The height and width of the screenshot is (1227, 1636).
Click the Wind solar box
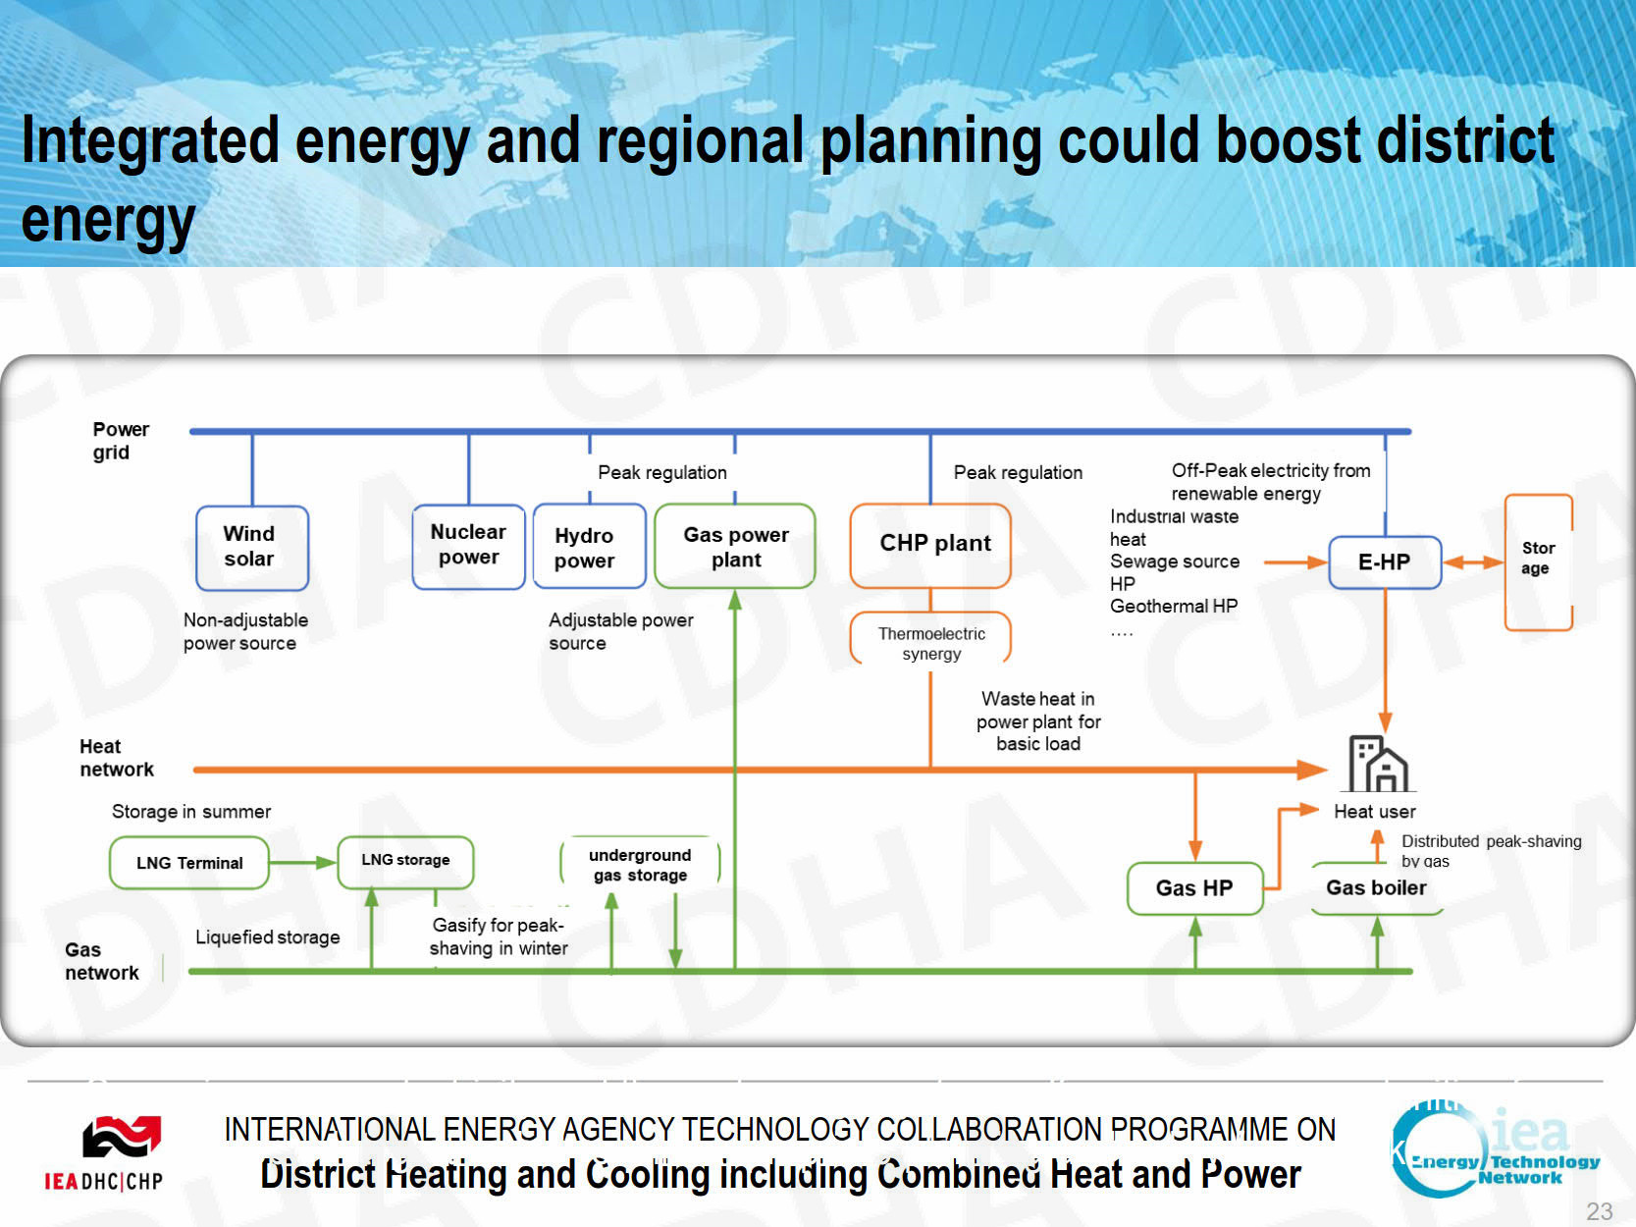252,548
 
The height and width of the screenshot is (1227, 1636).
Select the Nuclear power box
468,547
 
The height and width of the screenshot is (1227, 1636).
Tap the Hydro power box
589,547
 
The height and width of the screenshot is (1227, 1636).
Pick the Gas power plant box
735,547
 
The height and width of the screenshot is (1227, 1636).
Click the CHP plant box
930,546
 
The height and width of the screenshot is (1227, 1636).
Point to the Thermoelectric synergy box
930,638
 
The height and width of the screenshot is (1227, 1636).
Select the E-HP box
1385,562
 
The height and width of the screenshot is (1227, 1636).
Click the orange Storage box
1539,562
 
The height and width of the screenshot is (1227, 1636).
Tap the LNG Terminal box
189,863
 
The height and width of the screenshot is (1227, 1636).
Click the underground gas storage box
640,863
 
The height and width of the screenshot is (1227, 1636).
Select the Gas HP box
1194,887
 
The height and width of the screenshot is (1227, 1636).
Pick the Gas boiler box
1377,887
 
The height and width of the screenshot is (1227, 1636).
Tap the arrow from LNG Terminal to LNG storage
302,863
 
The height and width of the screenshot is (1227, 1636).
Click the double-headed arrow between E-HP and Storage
1473,562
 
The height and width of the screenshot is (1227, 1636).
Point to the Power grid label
120,441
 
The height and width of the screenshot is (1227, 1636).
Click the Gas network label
101,961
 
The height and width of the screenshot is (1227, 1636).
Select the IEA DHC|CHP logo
104,1153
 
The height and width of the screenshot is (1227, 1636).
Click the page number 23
1600,1211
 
